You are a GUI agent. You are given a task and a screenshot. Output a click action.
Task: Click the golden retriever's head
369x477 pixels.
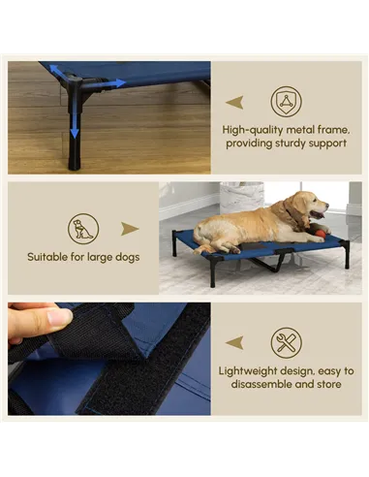click(307, 207)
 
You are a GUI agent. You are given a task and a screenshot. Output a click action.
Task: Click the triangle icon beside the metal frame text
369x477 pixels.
click(286, 102)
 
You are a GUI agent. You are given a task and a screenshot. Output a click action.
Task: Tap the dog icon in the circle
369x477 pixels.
click(83, 230)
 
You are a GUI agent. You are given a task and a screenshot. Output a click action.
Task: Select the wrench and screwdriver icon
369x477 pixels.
click(286, 342)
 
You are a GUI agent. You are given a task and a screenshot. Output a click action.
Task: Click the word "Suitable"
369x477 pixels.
click(46, 257)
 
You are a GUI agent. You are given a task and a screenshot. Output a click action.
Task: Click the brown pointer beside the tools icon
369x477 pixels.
click(233, 342)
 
